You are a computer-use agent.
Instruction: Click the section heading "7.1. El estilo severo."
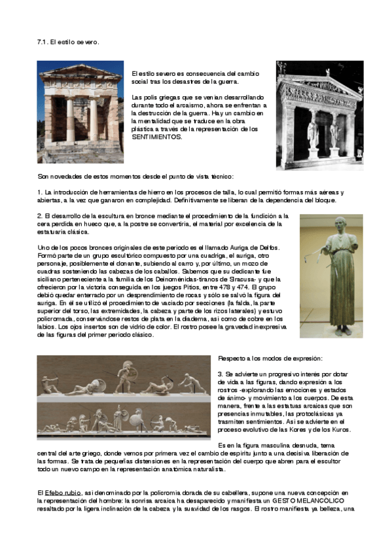pos(67,42)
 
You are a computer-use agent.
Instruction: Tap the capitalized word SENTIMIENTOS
pos(158,137)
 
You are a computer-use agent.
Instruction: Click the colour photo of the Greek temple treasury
pos(80,112)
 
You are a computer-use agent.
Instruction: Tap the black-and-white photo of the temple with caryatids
pos(319,115)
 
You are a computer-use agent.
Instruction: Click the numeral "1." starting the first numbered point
pos(40,192)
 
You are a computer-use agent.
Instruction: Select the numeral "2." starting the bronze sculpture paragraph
pos(40,215)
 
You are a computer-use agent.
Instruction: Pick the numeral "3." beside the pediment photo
pos(221,373)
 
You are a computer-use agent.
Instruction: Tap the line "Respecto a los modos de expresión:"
pos(270,359)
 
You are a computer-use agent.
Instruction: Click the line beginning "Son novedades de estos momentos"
pos(131,176)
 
